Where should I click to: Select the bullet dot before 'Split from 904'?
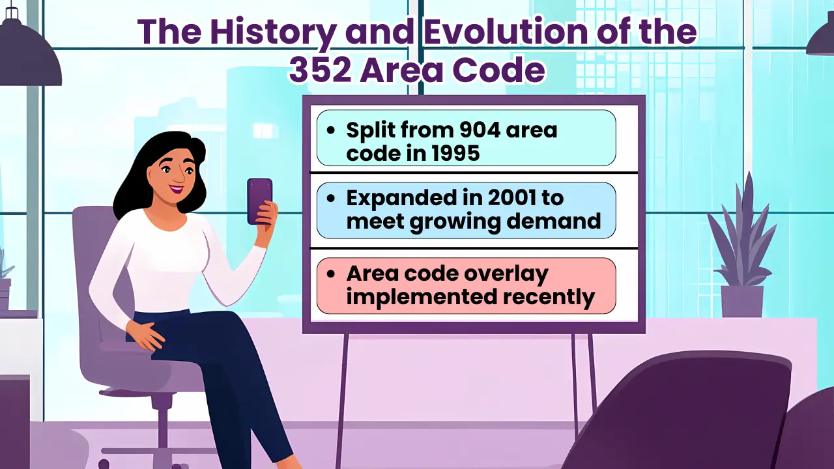332,130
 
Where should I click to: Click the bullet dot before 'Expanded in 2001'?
332,199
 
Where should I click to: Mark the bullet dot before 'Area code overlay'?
332,274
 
